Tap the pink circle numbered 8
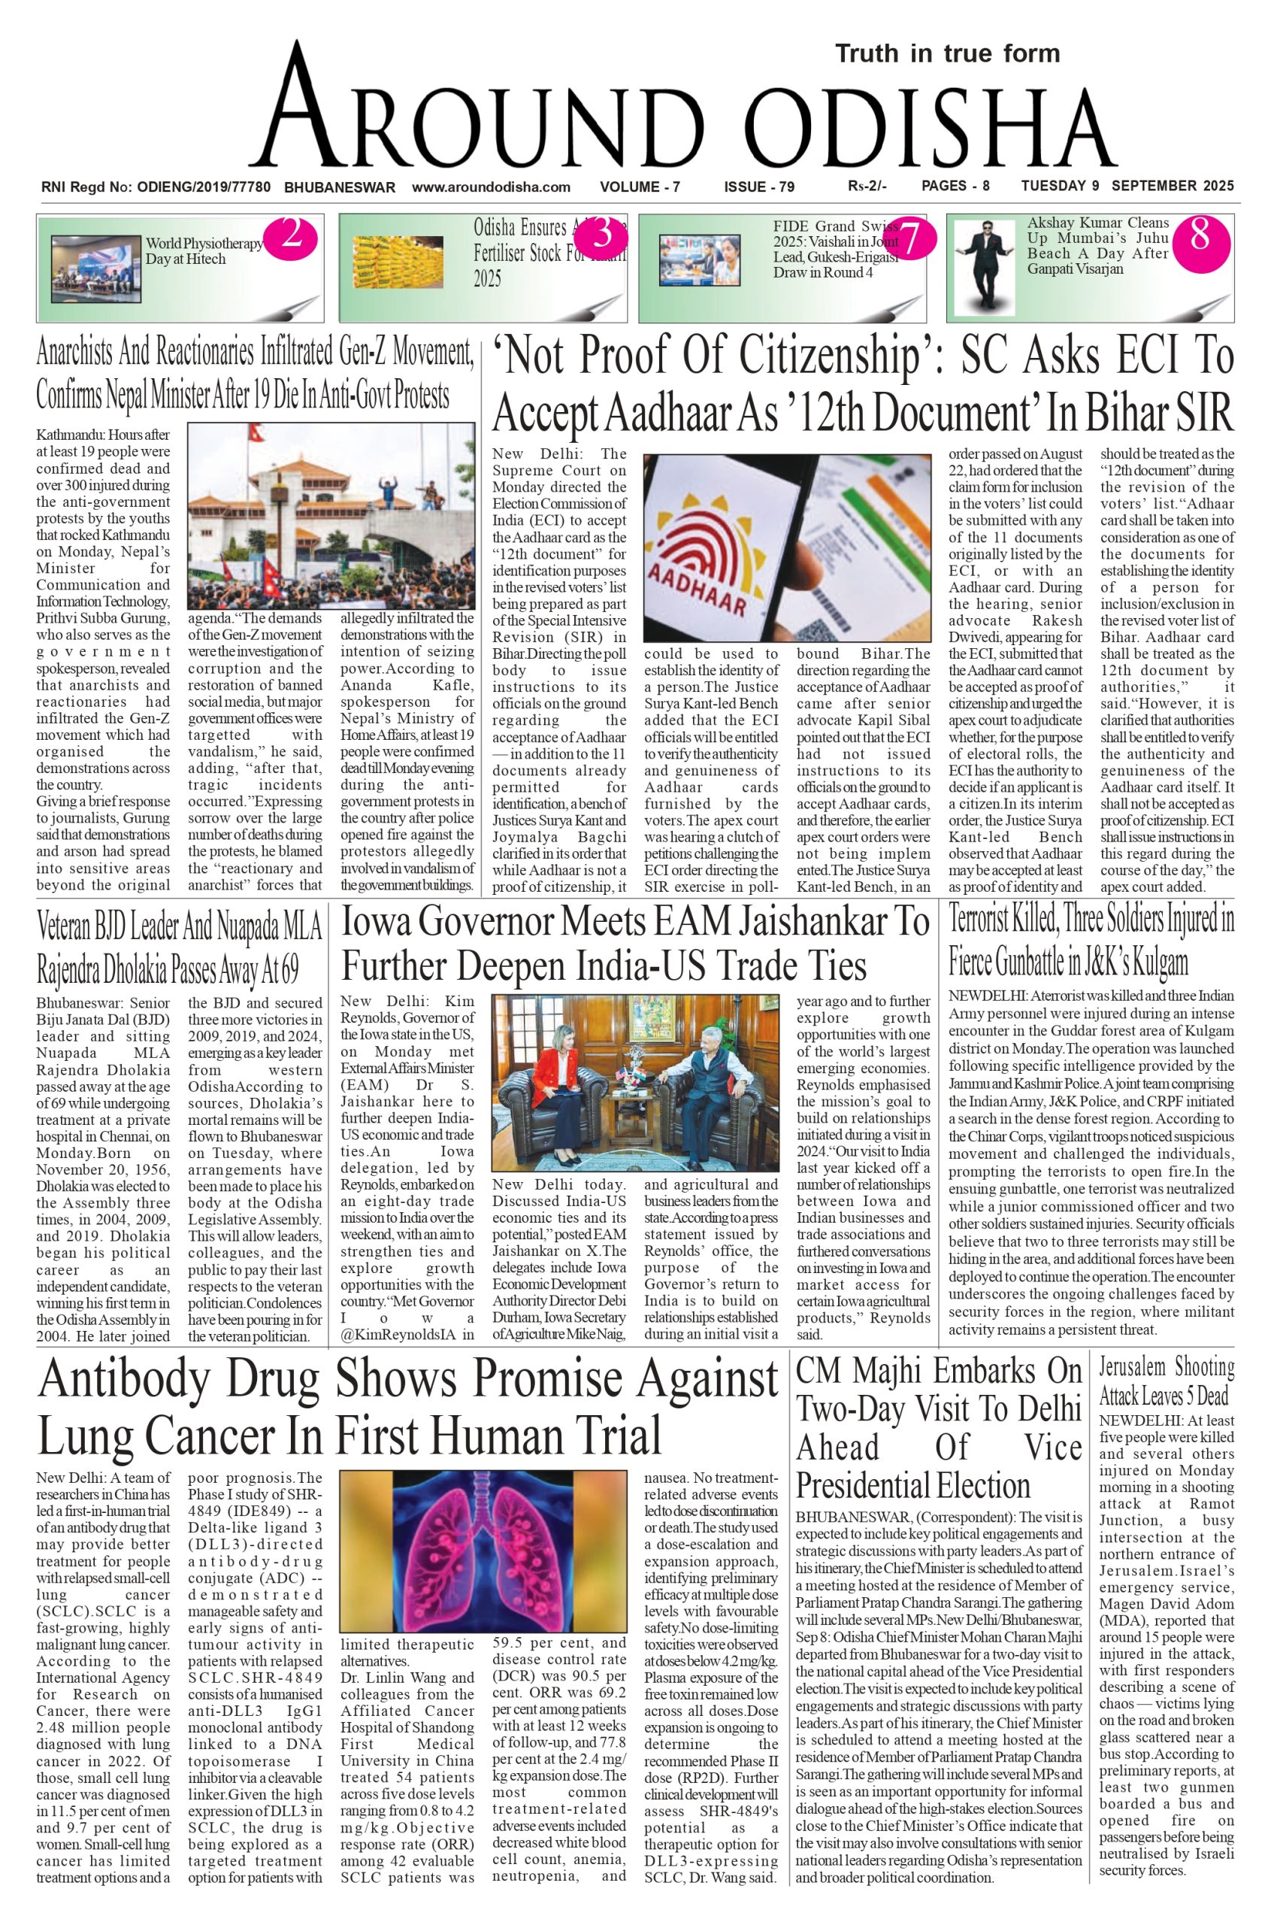pos(1200,236)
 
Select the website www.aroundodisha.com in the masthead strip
pos(492,187)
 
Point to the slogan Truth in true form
pos(948,54)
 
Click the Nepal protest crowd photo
pos(331,516)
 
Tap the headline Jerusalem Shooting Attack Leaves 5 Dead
pos(1166,1380)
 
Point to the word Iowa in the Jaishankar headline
pos(385,923)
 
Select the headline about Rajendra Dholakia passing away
pos(178,946)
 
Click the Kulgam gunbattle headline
pos(1091,941)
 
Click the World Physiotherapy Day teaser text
pos(204,250)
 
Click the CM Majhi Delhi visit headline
pos(938,1428)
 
